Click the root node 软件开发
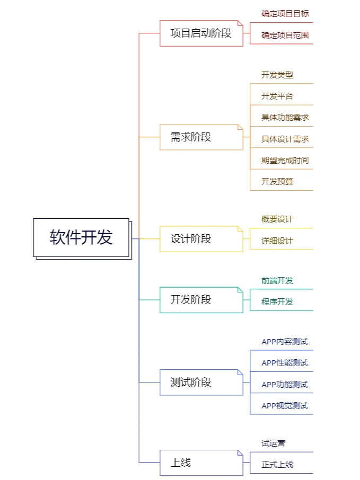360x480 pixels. coord(81,237)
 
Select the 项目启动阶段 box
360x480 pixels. coord(201,33)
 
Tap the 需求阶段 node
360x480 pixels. coord(201,137)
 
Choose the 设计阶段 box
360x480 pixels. coord(201,238)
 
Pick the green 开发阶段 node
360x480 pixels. coord(201,299)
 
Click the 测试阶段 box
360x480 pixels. coord(201,382)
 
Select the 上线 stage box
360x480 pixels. coord(201,463)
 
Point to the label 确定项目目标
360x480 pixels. coord(285,14)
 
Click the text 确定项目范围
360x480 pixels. coord(285,35)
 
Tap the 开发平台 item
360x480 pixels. coord(277,96)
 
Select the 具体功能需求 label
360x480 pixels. coord(285,118)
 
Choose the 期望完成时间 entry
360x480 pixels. coord(285,160)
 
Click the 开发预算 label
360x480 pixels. coord(277,181)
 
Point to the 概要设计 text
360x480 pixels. coord(277,219)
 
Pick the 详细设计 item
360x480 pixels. coord(277,241)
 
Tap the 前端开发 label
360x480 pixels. coord(277,281)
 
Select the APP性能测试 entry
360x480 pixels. coord(284,363)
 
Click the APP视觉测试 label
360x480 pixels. coord(284,406)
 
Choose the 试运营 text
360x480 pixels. coord(273,443)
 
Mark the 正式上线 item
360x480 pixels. coord(277,465)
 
